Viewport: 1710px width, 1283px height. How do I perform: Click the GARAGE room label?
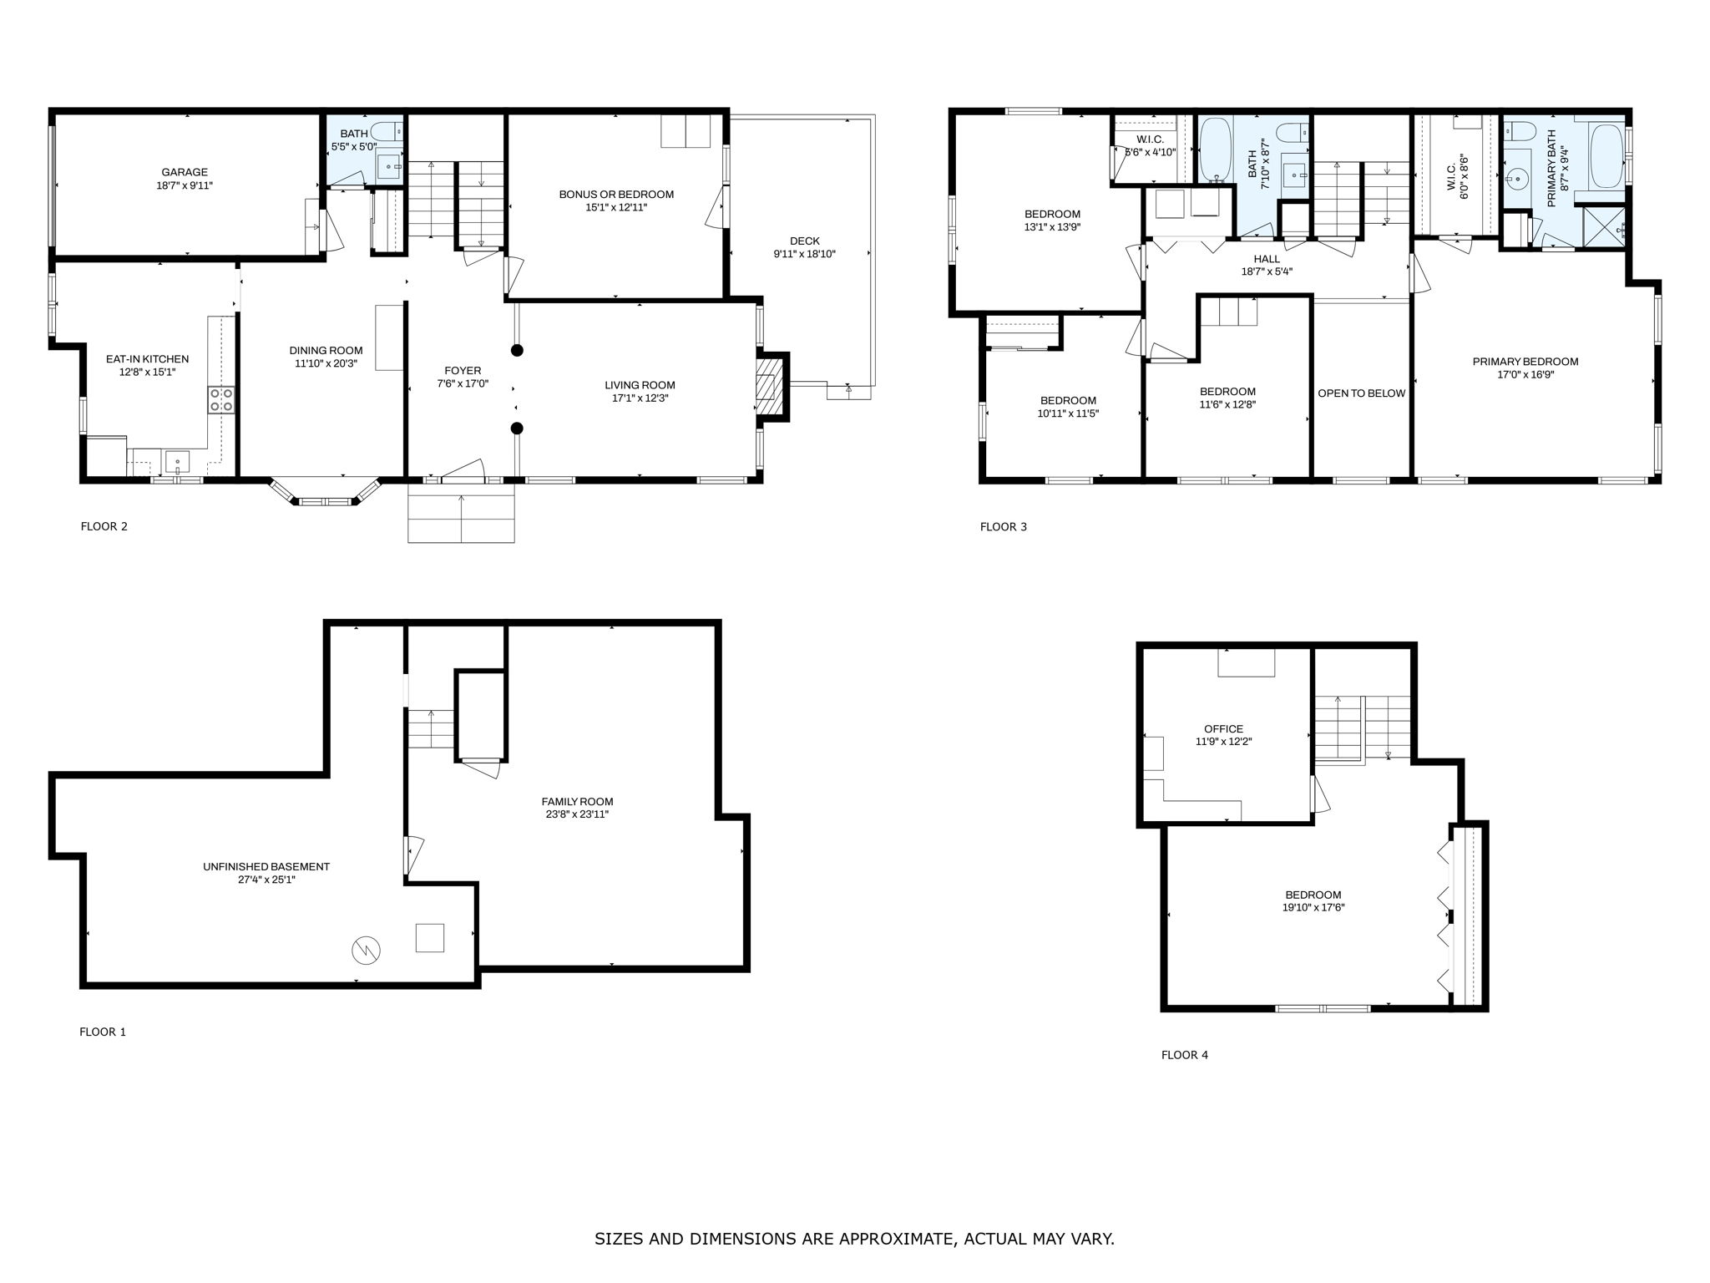pos(185,173)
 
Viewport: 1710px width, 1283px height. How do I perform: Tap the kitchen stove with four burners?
pos(221,399)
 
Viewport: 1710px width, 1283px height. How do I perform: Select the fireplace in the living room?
pos(766,387)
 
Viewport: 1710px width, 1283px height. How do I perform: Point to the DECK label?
pos(804,241)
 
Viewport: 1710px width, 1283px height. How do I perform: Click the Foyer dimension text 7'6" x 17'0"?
pos(463,384)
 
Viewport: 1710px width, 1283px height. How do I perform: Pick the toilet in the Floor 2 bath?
pos(387,131)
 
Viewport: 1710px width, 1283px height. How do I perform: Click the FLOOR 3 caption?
pos(1003,527)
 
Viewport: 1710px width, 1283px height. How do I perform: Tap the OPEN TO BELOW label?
pos(1361,393)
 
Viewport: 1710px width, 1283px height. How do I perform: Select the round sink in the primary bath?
pos(1517,178)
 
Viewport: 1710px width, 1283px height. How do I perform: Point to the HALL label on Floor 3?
pos(1266,259)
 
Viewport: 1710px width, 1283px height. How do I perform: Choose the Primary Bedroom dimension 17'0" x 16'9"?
pos(1525,375)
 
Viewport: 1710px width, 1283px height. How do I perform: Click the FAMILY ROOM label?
pos(577,802)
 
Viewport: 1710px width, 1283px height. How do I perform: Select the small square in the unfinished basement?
pos(430,937)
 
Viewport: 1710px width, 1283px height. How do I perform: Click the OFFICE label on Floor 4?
pos(1223,729)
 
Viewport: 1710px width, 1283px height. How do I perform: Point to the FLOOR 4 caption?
pos(1184,1055)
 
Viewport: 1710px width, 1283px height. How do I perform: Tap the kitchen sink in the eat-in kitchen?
pos(178,461)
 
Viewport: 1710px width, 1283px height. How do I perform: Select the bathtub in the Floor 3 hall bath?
pos(1215,150)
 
